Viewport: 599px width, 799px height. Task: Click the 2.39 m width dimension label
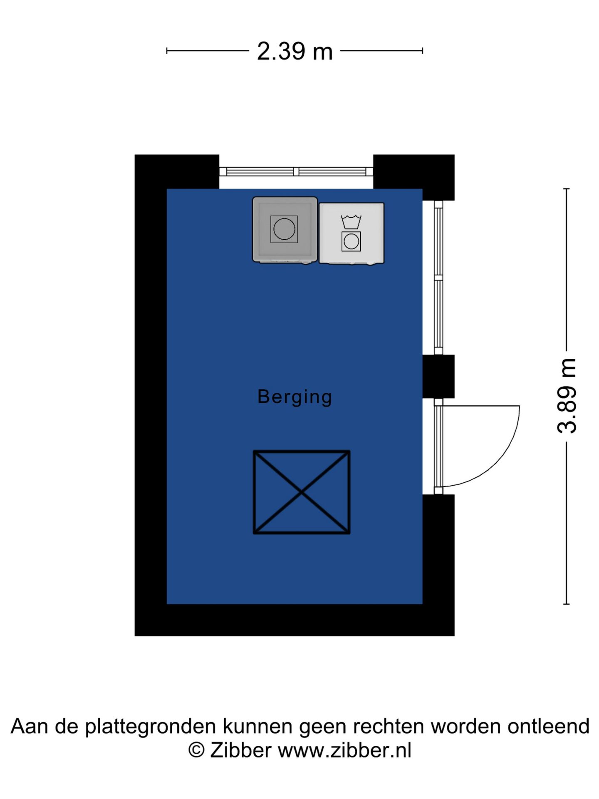pos(295,52)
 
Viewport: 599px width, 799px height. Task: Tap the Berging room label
pos(295,397)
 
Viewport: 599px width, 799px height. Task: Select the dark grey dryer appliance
pos(285,230)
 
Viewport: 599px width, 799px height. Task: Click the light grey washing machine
pos(351,233)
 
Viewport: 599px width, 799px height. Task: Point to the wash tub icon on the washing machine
pos(351,221)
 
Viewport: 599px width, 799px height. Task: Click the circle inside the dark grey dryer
pos(284,229)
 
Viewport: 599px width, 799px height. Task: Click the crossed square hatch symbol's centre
pos(302,492)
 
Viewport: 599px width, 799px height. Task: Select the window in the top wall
pos(296,171)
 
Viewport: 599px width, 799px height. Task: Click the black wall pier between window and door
pos(438,377)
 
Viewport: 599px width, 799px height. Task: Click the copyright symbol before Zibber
pos(196,750)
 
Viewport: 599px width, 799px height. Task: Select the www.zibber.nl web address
pos(344,750)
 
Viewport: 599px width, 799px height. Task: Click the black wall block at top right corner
pos(413,177)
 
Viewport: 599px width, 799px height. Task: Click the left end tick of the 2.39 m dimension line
pos(167,51)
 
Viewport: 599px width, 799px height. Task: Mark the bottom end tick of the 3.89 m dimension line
pos(566,604)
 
